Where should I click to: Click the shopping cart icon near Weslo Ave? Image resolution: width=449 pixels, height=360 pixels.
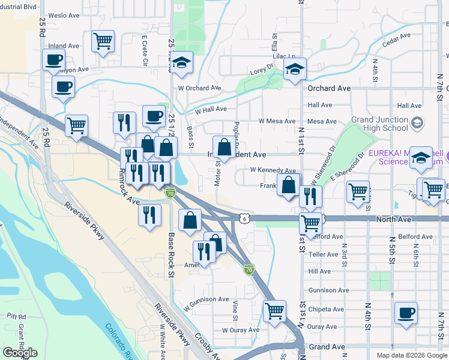click(103, 42)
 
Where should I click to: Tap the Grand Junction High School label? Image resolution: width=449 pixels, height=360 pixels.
click(379, 124)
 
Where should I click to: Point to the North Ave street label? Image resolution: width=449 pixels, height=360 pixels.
click(393, 220)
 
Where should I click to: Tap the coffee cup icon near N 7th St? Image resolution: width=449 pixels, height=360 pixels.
click(406, 313)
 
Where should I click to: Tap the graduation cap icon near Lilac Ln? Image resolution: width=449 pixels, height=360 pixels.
click(295, 70)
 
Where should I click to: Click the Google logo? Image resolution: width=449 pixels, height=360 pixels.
click(20, 353)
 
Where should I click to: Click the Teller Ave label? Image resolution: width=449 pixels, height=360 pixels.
click(323, 254)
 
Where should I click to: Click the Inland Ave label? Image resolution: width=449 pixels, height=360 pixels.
click(64, 46)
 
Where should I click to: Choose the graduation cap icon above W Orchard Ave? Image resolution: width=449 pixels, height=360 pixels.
click(180, 63)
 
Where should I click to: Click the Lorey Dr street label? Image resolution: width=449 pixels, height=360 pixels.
click(261, 71)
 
